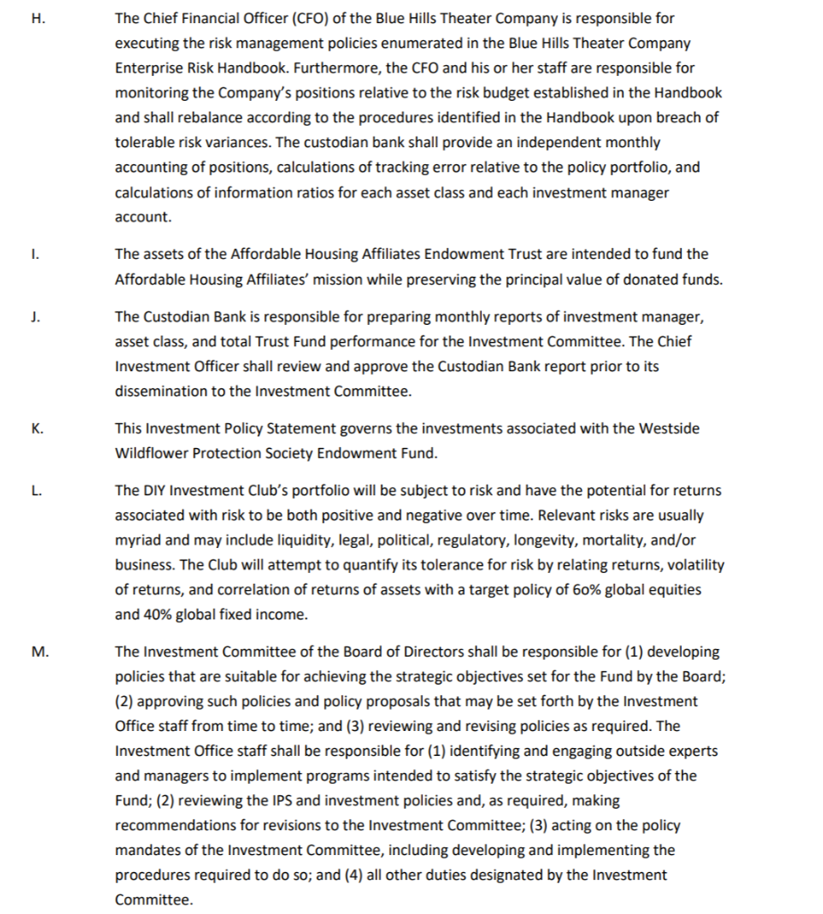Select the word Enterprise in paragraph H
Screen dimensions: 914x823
point(147,68)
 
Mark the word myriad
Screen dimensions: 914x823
point(139,540)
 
